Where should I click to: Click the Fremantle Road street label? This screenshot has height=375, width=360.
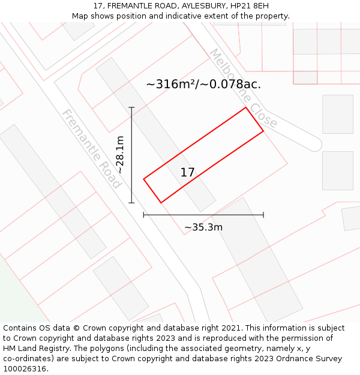tap(92, 149)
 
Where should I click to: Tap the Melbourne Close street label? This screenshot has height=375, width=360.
tap(242, 88)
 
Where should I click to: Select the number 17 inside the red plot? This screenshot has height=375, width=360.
tap(187, 173)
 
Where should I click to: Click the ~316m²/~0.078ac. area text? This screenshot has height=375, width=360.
tap(203, 84)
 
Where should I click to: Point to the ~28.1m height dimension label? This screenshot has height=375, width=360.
tap(120, 155)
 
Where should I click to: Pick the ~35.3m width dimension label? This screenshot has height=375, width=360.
tap(203, 227)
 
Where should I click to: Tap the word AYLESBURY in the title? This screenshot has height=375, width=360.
tap(203, 6)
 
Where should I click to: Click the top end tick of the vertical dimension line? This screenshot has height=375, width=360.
tap(131, 107)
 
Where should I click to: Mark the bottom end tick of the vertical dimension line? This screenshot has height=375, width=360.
tap(131, 203)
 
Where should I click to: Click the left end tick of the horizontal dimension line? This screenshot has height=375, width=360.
tap(143, 215)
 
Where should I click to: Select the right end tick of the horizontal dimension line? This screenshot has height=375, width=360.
tap(263, 215)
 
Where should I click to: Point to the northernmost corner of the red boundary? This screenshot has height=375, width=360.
tap(246, 107)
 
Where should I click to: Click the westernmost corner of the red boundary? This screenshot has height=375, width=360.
tap(143, 179)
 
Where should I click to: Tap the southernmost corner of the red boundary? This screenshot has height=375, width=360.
tap(161, 203)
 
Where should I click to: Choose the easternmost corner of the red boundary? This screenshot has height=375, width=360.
tap(263, 131)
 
